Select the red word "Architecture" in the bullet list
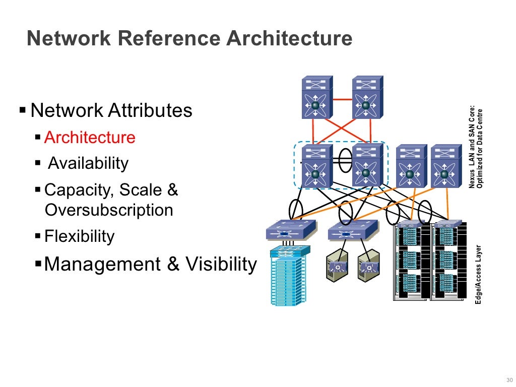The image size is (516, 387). click(x=90, y=138)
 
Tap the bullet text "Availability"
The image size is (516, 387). click(x=88, y=163)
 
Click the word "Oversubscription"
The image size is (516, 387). click(x=109, y=210)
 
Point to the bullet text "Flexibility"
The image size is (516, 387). click(x=80, y=236)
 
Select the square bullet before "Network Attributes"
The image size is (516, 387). click(x=22, y=109)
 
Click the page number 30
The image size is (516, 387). click(x=507, y=379)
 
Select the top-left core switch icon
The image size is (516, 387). click(x=317, y=97)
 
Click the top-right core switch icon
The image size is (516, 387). click(x=367, y=97)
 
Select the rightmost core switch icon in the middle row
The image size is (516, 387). click(x=445, y=166)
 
